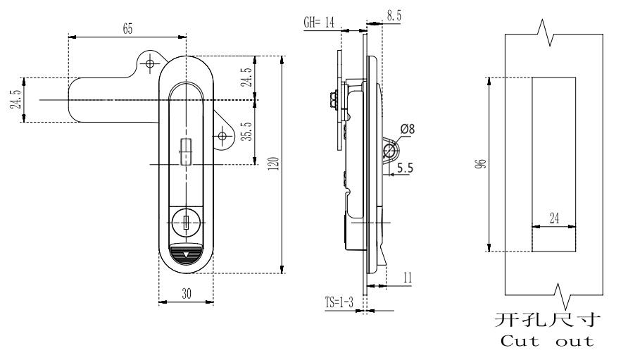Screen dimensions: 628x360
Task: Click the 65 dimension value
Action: [127, 29]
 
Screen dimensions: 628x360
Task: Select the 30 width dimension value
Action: [187, 294]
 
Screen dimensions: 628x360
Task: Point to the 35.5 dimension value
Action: [249, 132]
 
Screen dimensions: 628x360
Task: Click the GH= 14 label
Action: [319, 22]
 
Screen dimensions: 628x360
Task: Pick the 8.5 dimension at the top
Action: [394, 15]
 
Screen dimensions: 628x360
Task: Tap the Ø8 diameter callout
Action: [408, 129]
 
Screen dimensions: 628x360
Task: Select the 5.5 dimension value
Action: [405, 168]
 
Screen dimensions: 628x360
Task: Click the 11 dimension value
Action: [408, 278]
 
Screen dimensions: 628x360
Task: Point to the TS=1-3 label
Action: [339, 302]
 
